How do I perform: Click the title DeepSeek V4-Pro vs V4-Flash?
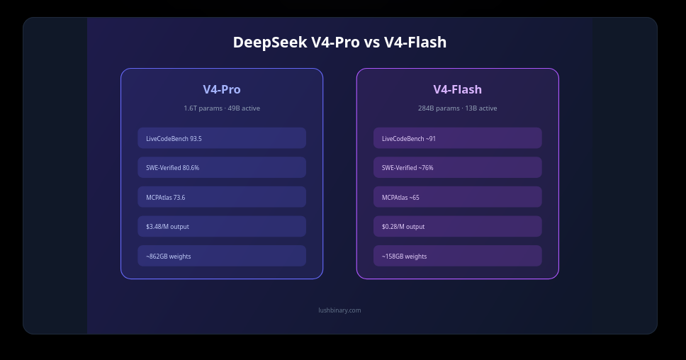pos(339,43)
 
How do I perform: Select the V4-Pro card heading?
pos(222,89)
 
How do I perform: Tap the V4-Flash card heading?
pos(458,89)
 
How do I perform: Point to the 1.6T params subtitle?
pos(222,108)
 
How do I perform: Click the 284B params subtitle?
pos(458,108)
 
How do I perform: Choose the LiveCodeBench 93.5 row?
pos(222,138)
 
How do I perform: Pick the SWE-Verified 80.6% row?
pos(222,167)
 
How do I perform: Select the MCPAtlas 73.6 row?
pos(222,197)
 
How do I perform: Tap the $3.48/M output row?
pos(222,227)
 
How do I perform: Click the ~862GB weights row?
pos(222,256)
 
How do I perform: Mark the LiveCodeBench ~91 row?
pos(458,138)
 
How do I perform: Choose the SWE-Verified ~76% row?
pos(458,167)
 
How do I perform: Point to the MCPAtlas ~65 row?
pos(458,197)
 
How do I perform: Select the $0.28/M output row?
pos(458,227)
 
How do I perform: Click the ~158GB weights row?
pos(458,256)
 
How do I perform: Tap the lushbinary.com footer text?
pos(339,310)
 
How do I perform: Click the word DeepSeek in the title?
pos(270,43)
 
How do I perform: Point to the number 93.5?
pos(196,139)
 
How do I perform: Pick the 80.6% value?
pos(191,168)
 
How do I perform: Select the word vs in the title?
pos(372,43)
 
